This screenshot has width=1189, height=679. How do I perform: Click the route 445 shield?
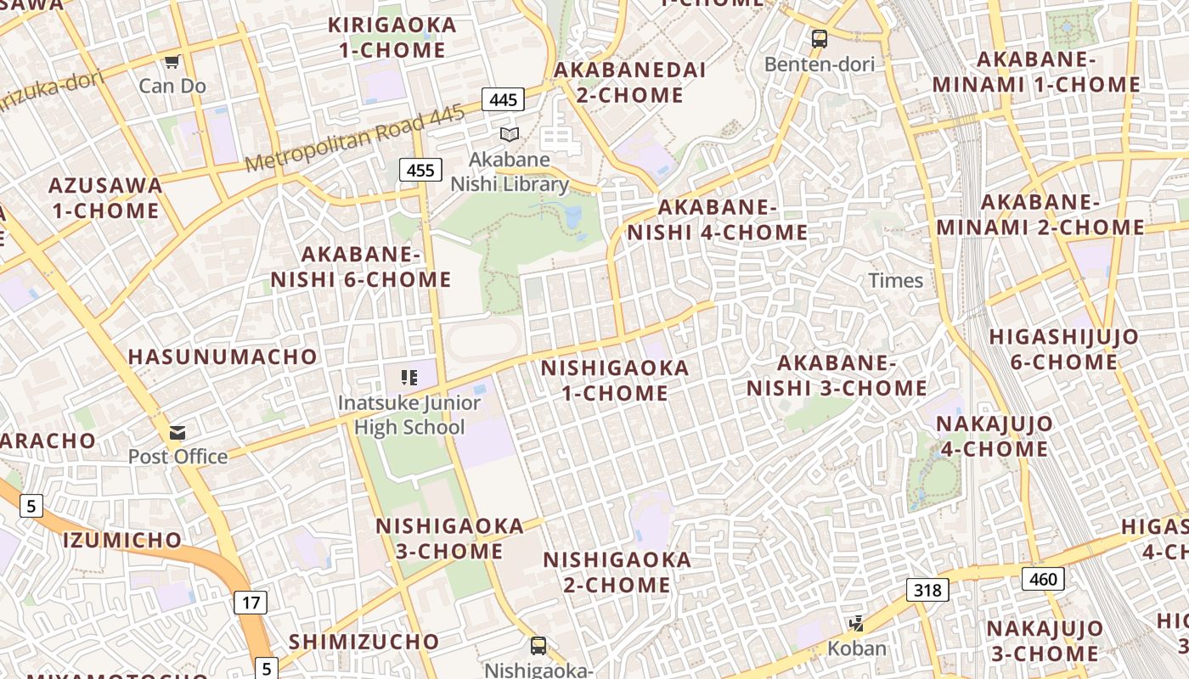point(504,99)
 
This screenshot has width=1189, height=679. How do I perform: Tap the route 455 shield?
point(420,170)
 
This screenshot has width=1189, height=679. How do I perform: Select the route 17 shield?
point(251,603)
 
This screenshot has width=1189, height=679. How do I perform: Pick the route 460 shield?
point(1042,579)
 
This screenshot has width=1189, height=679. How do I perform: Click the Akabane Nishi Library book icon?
point(510,134)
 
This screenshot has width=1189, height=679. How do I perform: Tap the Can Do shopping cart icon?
point(172,61)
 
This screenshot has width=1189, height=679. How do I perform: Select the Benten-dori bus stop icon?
point(820,38)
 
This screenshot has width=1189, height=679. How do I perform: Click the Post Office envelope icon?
point(178,433)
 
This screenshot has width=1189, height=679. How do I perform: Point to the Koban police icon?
point(856,625)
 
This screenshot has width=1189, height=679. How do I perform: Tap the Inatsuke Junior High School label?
point(409,415)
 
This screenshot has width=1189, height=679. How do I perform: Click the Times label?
point(895,281)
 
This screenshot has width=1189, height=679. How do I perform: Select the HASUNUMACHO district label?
point(223,356)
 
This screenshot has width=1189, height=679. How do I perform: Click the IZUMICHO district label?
point(122,540)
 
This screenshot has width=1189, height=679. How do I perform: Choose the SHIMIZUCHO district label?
point(363,642)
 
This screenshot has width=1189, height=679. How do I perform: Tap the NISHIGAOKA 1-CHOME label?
point(615,380)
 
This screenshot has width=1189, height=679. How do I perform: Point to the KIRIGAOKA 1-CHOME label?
point(392,37)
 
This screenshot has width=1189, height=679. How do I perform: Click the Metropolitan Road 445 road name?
point(356,138)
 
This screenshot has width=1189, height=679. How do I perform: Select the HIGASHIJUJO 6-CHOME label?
point(1063,349)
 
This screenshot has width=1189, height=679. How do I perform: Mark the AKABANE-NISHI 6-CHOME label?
point(361,267)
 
